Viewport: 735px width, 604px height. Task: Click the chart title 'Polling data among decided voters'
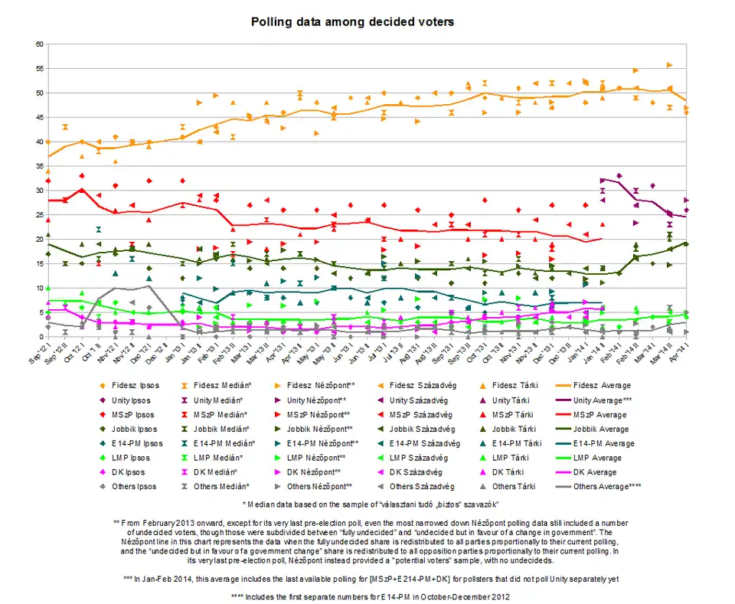(x=353, y=21)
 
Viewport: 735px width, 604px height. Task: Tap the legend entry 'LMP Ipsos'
(x=126, y=457)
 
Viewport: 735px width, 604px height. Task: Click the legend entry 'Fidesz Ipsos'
(x=129, y=385)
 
